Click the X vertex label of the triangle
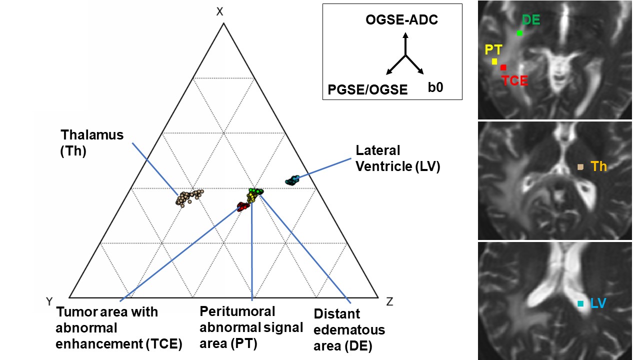click(219, 11)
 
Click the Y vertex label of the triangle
click(49, 301)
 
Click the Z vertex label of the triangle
click(390, 301)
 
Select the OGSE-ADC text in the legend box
click(402, 20)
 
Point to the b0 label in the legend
click(435, 87)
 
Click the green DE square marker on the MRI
click(519, 33)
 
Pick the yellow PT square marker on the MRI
click(494, 61)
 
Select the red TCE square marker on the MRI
click(503, 67)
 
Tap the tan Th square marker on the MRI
click(580, 167)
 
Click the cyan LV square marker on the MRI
click(580, 303)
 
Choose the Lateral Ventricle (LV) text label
click(397, 158)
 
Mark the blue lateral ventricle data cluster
click(292, 180)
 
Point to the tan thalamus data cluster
click(188, 197)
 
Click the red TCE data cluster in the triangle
click(243, 205)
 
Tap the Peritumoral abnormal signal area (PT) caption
click(251, 327)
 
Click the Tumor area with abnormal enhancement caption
click(119, 328)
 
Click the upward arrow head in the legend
click(405, 35)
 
